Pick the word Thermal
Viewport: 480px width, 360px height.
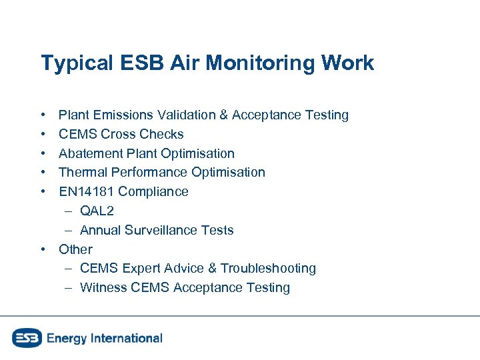coord(83,172)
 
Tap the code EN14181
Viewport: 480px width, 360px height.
coord(87,191)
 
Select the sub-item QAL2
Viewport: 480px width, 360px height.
coord(97,211)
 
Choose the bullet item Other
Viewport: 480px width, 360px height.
coord(75,249)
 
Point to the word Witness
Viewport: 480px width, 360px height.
coord(103,287)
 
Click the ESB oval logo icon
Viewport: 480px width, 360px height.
coord(27,338)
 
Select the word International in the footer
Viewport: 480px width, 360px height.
coord(127,338)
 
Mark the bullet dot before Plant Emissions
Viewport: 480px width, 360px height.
coord(43,115)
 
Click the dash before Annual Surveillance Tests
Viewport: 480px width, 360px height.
coord(69,230)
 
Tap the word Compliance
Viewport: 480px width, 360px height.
coord(153,191)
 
